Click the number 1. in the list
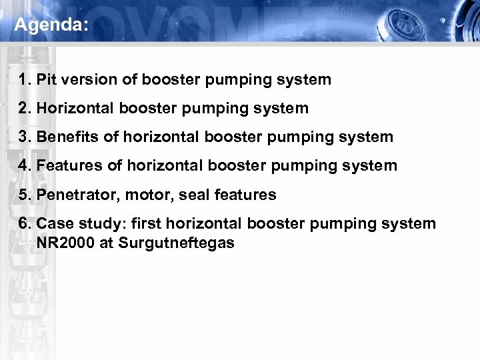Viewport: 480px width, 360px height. [x=26, y=80]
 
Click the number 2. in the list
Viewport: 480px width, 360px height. [x=26, y=108]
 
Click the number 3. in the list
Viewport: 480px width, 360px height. [x=26, y=137]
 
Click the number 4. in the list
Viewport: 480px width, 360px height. [x=26, y=165]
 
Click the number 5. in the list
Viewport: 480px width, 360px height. [x=26, y=195]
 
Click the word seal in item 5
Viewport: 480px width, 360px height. [x=185, y=195]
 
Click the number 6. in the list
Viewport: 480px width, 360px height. [x=26, y=223]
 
